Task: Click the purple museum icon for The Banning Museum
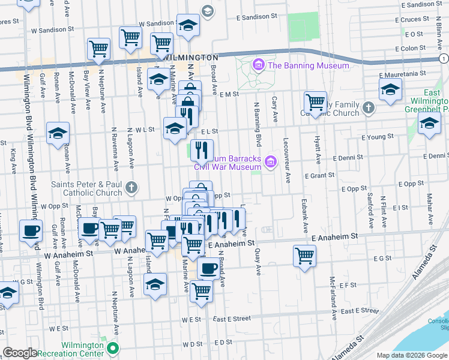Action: pyautogui.click(x=259, y=65)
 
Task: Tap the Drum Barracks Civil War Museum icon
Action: pyautogui.click(x=271, y=160)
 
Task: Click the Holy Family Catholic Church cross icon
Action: pyautogui.click(x=368, y=108)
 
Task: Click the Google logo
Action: pyautogui.click(x=20, y=352)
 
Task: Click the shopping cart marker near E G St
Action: pyautogui.click(x=304, y=256)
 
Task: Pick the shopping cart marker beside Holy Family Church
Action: pyautogui.click(x=315, y=102)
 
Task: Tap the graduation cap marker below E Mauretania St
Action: pyautogui.click(x=391, y=89)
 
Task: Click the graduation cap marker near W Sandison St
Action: pyautogui.click(x=188, y=25)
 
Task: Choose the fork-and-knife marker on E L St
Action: pyautogui.click(x=202, y=149)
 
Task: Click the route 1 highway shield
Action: pyautogui.click(x=443, y=58)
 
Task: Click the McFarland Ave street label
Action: pyautogui.click(x=331, y=292)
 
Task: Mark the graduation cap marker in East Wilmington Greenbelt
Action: pyautogui.click(x=429, y=124)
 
